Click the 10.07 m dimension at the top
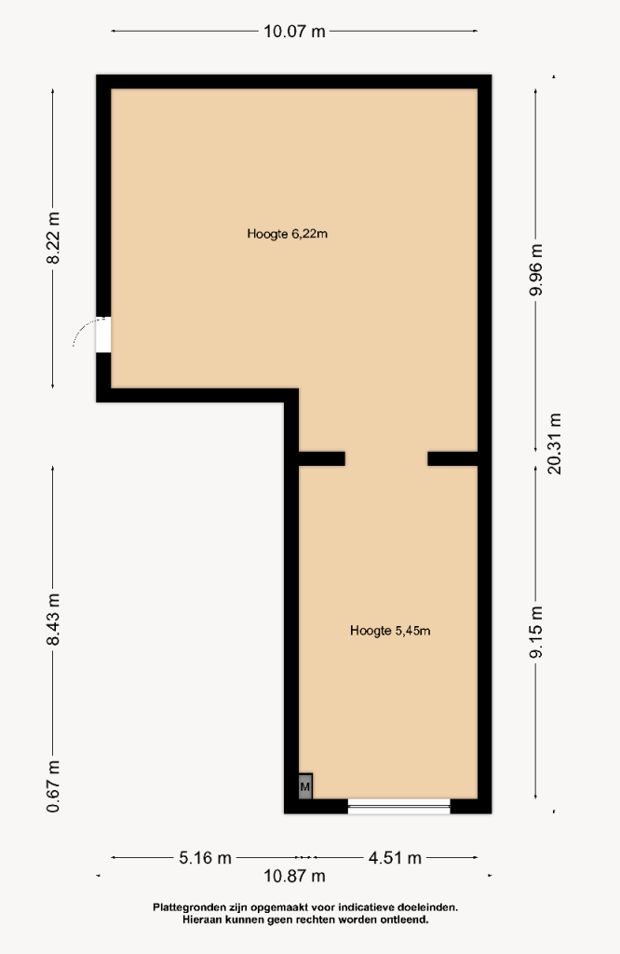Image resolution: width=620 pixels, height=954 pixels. point(294,31)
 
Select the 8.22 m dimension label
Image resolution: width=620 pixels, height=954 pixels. point(53,238)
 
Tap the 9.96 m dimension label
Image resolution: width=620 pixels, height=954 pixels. point(536,269)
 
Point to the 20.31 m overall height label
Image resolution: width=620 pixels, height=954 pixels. point(554,443)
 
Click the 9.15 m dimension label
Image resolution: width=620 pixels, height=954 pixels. point(536,632)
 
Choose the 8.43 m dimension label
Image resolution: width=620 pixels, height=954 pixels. point(53,620)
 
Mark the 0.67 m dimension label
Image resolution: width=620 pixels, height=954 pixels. point(53,786)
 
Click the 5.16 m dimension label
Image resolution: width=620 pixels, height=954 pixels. point(206,858)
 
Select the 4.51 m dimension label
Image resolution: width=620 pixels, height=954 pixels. point(395,858)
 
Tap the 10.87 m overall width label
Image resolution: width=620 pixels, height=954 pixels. point(294,876)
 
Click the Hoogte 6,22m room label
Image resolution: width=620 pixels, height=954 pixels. point(288,234)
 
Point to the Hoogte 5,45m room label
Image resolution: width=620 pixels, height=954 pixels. point(390,631)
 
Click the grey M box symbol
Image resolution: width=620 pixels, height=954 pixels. point(305,786)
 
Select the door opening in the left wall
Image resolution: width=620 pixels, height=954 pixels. point(103,334)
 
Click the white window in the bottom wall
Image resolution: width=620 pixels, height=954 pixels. point(398,807)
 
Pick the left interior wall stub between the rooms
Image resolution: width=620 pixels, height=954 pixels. point(322,458)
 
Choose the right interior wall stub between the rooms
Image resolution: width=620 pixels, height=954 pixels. point(452,458)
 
